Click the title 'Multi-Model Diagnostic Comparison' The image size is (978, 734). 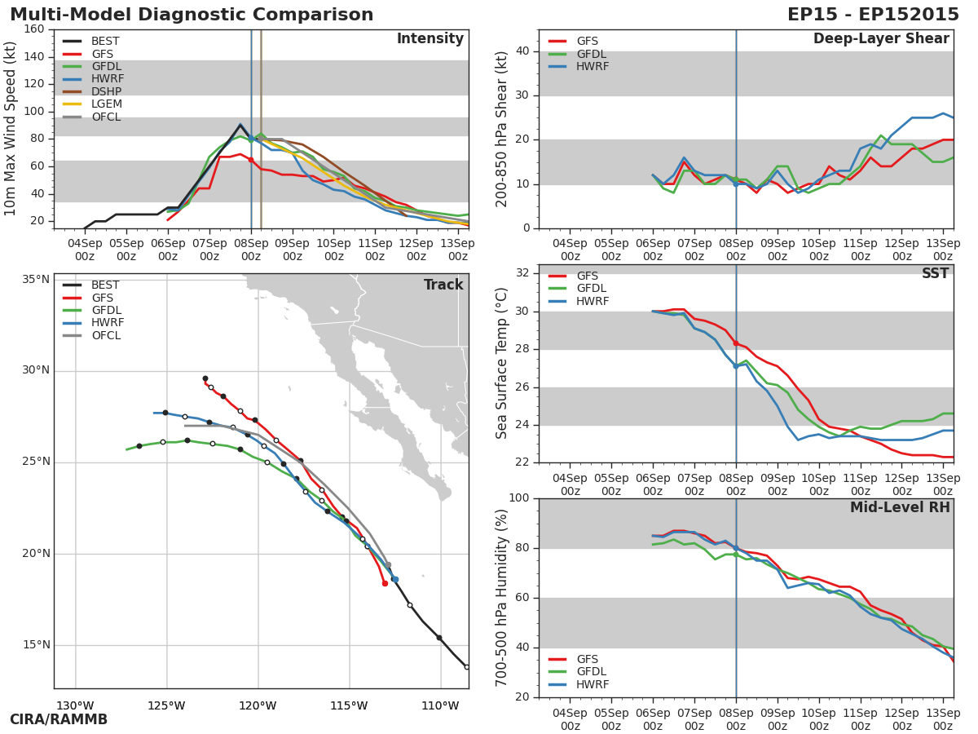click(192, 15)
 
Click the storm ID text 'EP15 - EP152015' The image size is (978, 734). click(873, 15)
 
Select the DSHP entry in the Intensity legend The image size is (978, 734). click(106, 91)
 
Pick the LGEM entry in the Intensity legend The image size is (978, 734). click(106, 104)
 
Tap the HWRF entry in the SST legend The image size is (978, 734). click(593, 302)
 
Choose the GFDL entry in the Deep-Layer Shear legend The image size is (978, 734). click(591, 54)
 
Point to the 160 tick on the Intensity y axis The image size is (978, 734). click(34, 29)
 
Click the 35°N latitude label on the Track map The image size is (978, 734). click(35, 280)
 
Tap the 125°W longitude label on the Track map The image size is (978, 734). click(167, 705)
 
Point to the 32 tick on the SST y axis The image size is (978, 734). click(522, 273)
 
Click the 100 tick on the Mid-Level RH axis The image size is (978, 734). click(518, 498)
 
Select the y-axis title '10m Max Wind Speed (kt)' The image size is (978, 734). click(11, 129)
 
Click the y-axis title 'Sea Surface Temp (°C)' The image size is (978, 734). click(502, 364)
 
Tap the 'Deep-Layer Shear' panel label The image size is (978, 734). click(881, 39)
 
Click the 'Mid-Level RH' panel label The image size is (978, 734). click(900, 508)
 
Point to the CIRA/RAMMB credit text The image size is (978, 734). click(59, 720)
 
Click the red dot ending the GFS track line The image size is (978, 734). click(385, 583)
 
